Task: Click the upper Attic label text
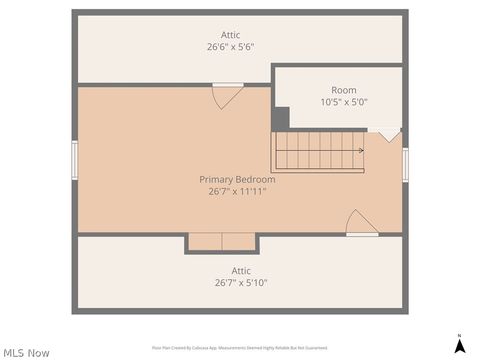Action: point(230,35)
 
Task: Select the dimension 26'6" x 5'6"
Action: point(230,47)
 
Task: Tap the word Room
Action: point(344,90)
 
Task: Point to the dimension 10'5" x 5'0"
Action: point(344,102)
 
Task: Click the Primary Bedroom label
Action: point(237,179)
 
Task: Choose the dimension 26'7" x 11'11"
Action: point(237,191)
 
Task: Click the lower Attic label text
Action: point(241,270)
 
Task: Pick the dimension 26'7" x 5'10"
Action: point(241,282)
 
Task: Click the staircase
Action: point(318,151)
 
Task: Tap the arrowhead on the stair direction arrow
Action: point(360,151)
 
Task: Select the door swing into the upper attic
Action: point(226,96)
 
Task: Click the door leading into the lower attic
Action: point(361,224)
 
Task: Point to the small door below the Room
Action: point(387,133)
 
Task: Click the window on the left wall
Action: point(74,160)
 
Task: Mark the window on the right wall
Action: point(405,164)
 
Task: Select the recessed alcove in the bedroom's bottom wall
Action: point(221,242)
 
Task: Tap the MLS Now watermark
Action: point(26,352)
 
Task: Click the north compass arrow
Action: point(459,346)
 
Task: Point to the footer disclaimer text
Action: point(239,348)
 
